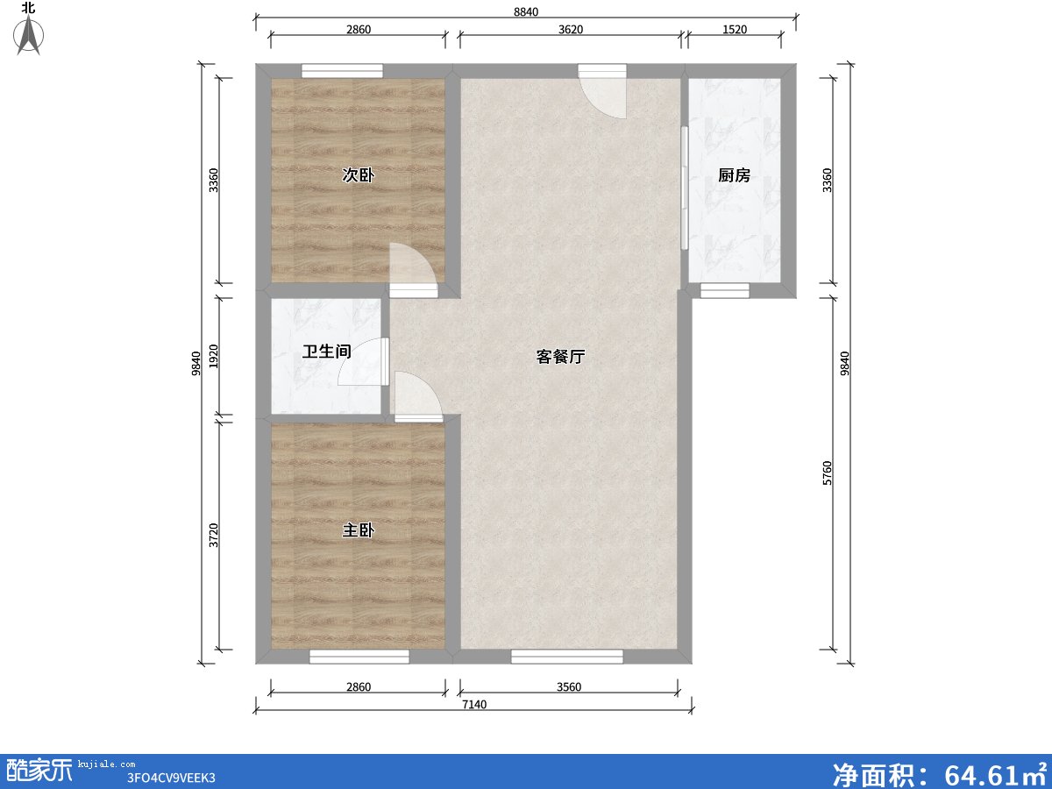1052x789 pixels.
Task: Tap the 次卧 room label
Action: click(x=358, y=175)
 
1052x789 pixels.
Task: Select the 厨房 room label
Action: click(x=734, y=175)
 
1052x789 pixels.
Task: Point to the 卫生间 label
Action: click(x=326, y=352)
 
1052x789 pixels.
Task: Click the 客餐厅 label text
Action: click(x=560, y=357)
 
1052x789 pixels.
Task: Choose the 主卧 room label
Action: click(x=358, y=530)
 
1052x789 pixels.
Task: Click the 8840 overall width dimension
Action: click(x=525, y=11)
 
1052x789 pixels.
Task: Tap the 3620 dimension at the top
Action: click(x=570, y=30)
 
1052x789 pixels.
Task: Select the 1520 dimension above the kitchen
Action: click(x=734, y=30)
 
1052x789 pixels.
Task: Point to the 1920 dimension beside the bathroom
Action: click(x=213, y=356)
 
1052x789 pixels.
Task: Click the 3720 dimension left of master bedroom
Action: click(x=213, y=534)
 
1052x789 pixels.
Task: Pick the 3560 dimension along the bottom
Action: click(x=568, y=687)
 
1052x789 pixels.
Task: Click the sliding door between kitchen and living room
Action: click(x=684, y=188)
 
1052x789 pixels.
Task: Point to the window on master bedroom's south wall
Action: click(x=359, y=656)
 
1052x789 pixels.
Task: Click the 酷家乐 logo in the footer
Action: click(x=39, y=770)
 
